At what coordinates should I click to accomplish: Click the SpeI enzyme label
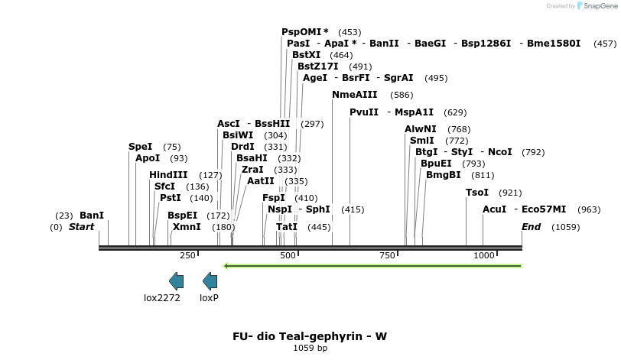(x=140, y=146)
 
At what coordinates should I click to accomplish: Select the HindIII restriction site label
(x=168, y=175)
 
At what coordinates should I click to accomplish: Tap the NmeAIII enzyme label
(x=354, y=95)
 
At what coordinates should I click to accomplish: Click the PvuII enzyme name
(x=364, y=112)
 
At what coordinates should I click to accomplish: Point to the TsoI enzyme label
(x=476, y=193)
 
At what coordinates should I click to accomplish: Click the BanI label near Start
(x=91, y=216)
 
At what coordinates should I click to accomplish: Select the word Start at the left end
(x=81, y=227)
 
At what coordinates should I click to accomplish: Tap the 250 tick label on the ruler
(x=187, y=255)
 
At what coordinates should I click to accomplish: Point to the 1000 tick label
(x=484, y=255)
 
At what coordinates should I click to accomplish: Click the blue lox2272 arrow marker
(x=176, y=281)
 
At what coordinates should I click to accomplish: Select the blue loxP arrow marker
(x=210, y=281)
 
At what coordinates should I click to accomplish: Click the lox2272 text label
(x=162, y=298)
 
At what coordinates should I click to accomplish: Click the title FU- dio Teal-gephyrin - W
(x=310, y=336)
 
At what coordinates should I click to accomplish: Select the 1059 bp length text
(x=310, y=349)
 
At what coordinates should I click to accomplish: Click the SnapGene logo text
(x=600, y=6)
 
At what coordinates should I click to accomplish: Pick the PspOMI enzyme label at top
(x=301, y=32)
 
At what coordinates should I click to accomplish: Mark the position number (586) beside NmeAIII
(x=401, y=95)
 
